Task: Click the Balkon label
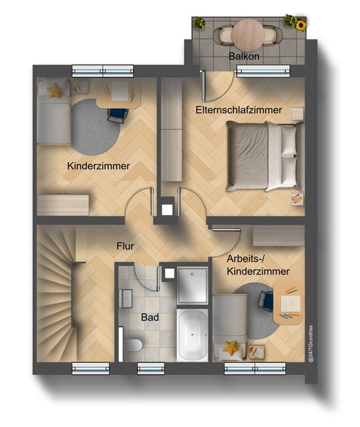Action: [x=244, y=56]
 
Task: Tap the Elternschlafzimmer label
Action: [x=238, y=110]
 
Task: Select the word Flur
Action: [x=125, y=246]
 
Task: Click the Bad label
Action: [x=150, y=317]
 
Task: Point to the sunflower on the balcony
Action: [x=301, y=25]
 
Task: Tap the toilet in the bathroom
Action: [x=134, y=345]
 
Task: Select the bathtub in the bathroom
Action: [x=192, y=335]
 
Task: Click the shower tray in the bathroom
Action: [x=192, y=285]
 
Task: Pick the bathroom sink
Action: [x=126, y=298]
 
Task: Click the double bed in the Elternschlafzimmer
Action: [x=265, y=156]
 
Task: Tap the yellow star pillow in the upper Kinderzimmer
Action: [x=55, y=91]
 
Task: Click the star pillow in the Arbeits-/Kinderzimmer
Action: [x=231, y=348]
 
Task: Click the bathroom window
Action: [x=151, y=369]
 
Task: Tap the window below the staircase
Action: [x=90, y=369]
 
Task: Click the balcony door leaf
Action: [x=203, y=85]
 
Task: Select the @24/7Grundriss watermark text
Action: [x=311, y=344]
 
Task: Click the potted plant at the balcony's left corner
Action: [x=200, y=23]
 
